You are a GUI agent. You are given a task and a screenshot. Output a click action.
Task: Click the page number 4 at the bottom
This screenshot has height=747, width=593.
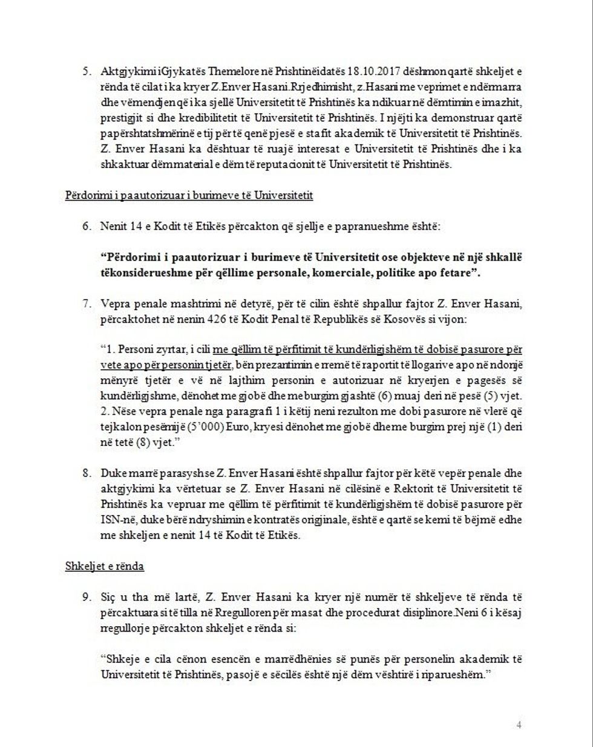[x=519, y=725]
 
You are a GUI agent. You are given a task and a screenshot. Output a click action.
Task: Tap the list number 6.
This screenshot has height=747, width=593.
[x=87, y=227]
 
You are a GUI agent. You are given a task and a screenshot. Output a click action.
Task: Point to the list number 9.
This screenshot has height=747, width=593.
[x=87, y=597]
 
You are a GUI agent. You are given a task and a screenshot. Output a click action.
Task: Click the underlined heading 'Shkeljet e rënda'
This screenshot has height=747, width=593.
[x=104, y=566]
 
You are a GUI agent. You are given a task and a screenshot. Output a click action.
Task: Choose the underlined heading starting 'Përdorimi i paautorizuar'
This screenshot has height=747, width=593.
[x=188, y=196]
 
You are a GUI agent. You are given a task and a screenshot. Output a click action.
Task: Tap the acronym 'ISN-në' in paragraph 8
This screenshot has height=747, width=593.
[x=115, y=520]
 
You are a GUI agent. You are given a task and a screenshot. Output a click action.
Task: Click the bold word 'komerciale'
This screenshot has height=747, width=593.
[x=336, y=273]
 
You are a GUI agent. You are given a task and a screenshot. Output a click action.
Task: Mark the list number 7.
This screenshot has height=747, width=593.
[x=87, y=303]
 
